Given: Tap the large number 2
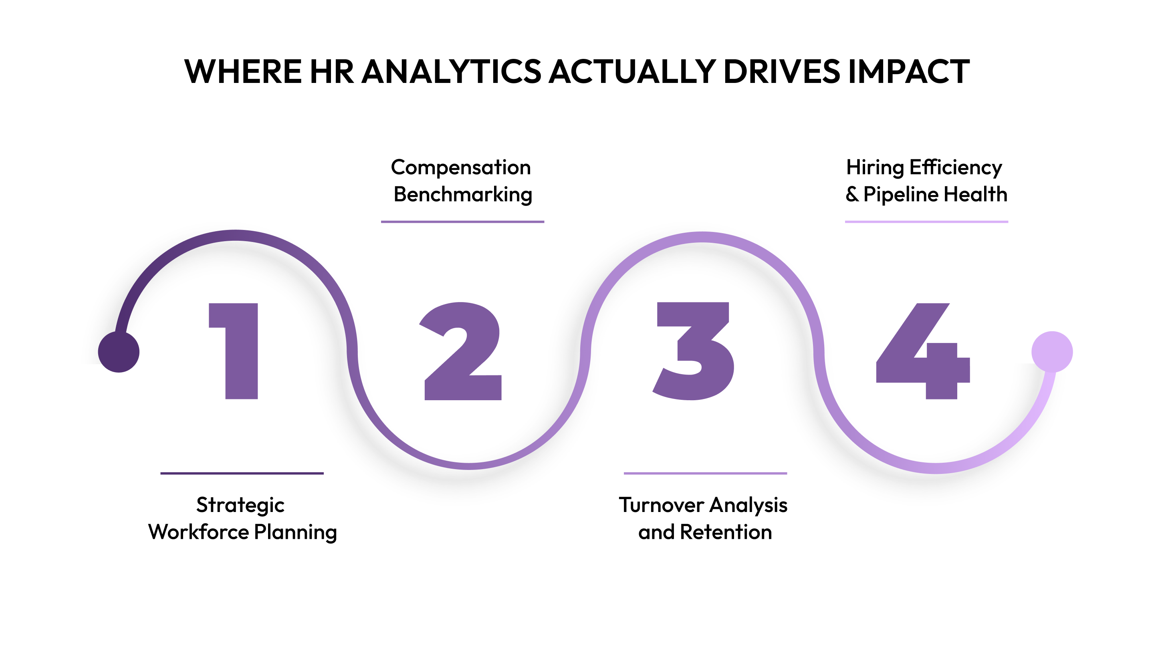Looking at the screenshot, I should [463, 351].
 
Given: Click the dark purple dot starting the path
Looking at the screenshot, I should [119, 352].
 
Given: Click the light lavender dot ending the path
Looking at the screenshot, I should [1052, 352].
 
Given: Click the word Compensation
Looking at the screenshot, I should [460, 167].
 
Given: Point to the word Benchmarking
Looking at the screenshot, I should [463, 195].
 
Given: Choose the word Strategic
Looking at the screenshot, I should [240, 506].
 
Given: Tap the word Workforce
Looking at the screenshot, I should [198, 532].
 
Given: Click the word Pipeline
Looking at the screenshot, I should [901, 195].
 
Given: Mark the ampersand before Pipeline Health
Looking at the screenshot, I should [851, 194].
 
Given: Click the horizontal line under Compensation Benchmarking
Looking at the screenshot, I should [462, 222].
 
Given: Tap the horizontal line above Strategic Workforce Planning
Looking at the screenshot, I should [242, 473].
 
